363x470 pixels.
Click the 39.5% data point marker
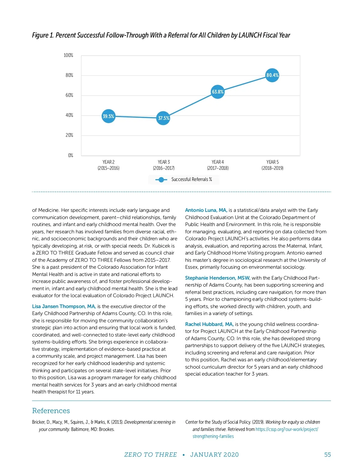tap(108, 116)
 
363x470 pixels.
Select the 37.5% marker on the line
tap(163, 118)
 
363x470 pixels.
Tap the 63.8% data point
tap(217, 92)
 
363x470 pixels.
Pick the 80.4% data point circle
tap(272, 75)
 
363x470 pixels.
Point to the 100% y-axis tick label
tap(68, 55)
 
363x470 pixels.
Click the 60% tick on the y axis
tap(69, 95)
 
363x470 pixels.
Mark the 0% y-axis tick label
tap(70, 155)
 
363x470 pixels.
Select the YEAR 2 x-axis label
tap(108, 162)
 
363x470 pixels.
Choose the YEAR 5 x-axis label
tap(272, 162)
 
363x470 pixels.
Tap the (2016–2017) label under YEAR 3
tap(164, 168)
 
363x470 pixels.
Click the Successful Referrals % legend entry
tap(184, 179)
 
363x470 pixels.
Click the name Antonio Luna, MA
tap(206, 210)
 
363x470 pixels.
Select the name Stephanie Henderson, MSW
tap(217, 278)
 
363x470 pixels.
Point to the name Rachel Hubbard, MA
tap(209, 324)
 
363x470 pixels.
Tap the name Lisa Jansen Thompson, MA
tap(64, 306)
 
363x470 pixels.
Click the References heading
tap(51, 411)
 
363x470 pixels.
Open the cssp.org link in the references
tap(286, 429)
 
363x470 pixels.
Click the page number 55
tap(327, 455)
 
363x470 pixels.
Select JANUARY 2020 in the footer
tap(214, 455)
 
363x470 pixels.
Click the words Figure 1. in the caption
tap(43, 35)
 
